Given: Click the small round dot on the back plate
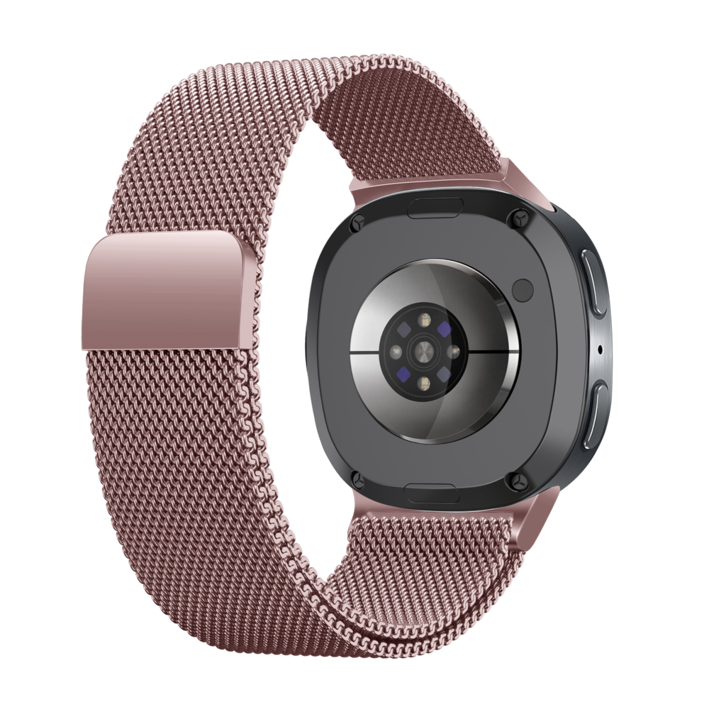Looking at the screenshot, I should [x=523, y=289].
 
